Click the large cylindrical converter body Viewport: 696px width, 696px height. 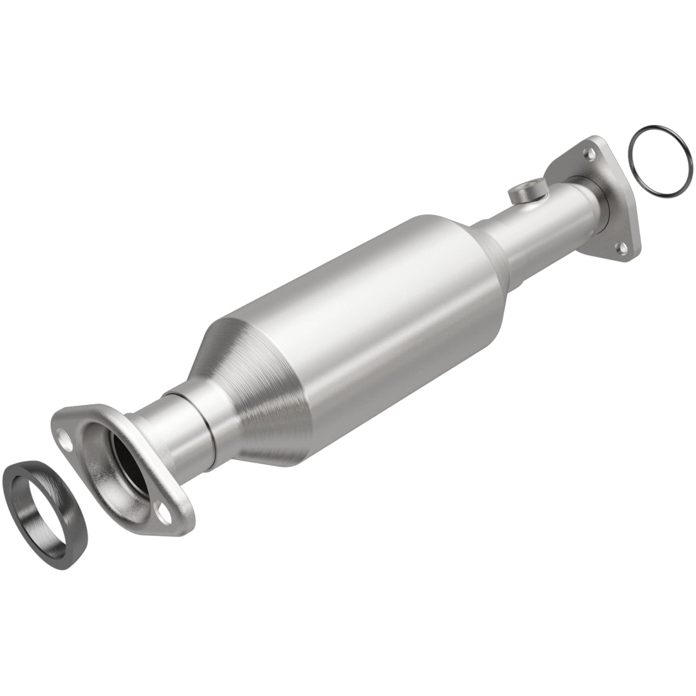point(366,308)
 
